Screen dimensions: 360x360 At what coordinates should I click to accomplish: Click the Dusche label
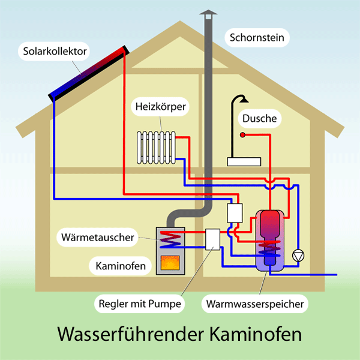(x=259, y=119)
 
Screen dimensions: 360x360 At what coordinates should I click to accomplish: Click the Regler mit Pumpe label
(x=139, y=304)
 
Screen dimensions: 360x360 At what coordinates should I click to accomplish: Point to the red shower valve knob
(x=243, y=135)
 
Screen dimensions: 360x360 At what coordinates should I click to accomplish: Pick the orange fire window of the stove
(x=170, y=262)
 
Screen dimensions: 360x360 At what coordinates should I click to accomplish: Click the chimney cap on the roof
(x=207, y=13)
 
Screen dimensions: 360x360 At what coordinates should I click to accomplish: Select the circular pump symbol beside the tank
(x=297, y=256)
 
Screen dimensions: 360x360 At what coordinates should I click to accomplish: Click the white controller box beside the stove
(x=213, y=239)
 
